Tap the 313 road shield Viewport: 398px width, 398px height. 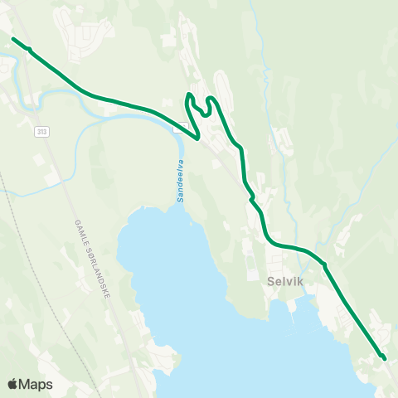pyautogui.click(x=41, y=132)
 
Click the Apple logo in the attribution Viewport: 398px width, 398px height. pyautogui.click(x=12, y=384)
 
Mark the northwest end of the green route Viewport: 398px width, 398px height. pyautogui.click(x=13, y=38)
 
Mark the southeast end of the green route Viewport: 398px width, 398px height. pyautogui.click(x=385, y=358)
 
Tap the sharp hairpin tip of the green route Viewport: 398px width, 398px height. pyautogui.click(x=198, y=138)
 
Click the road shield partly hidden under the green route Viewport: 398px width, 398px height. pyautogui.click(x=179, y=128)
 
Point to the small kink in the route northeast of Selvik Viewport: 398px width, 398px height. pyautogui.click(x=324, y=265)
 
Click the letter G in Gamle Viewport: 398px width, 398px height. pyautogui.click(x=75, y=221)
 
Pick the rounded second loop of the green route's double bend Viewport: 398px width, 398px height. pyautogui.click(x=211, y=101)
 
